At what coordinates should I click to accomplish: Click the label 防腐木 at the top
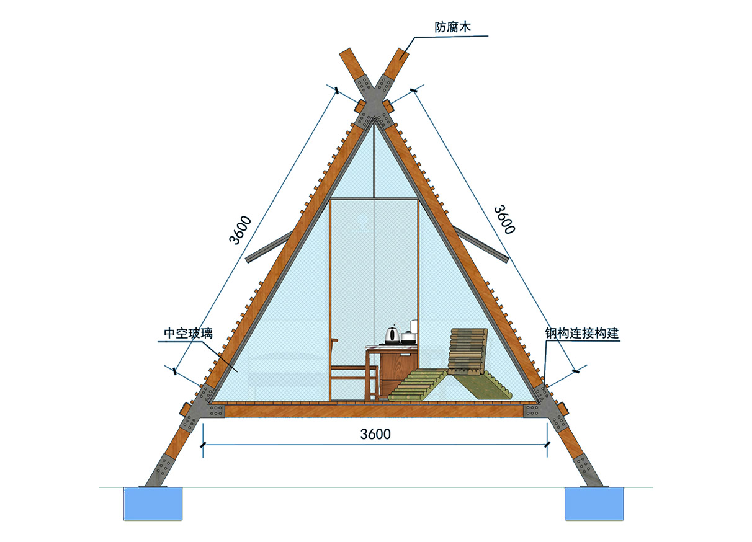click(452, 27)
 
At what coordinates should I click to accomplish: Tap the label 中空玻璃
click(189, 333)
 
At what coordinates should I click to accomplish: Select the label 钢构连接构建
click(582, 333)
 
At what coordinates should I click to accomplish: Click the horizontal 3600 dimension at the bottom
click(375, 434)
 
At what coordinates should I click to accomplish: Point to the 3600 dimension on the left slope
click(239, 230)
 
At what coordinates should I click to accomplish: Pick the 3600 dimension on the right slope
click(504, 220)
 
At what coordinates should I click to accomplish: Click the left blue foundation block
click(153, 504)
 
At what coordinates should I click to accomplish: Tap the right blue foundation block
click(594, 504)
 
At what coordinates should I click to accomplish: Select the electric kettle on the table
click(392, 335)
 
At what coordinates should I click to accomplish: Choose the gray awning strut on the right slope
click(481, 244)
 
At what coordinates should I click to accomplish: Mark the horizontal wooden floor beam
click(374, 411)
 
